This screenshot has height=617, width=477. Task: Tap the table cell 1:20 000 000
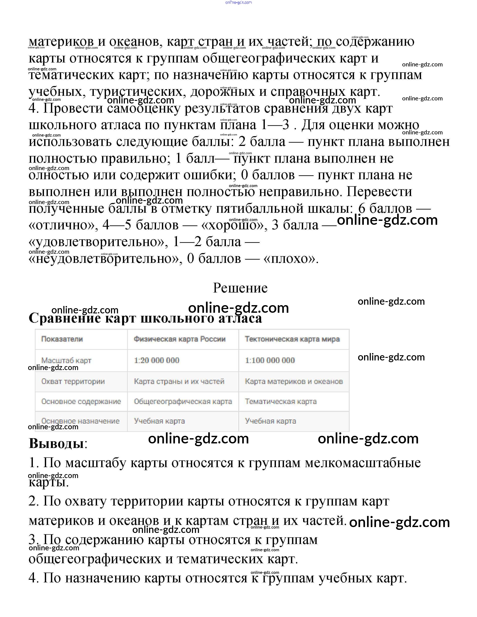pyautogui.click(x=156, y=360)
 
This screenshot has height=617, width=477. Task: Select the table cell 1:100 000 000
pyautogui.click(x=270, y=360)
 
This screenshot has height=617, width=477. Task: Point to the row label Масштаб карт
pyautogui.click(x=66, y=360)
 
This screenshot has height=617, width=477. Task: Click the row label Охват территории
pyautogui.click(x=73, y=381)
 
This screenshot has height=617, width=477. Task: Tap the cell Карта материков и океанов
pyautogui.click(x=294, y=381)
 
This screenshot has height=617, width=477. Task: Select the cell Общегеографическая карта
pyautogui.click(x=183, y=401)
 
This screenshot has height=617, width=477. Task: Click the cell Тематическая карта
pyautogui.click(x=281, y=401)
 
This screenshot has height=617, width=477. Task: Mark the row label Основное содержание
pyautogui.click(x=81, y=401)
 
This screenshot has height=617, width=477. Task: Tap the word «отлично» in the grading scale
pyautogui.click(x=64, y=225)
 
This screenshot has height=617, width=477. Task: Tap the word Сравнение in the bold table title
pyautogui.click(x=65, y=318)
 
